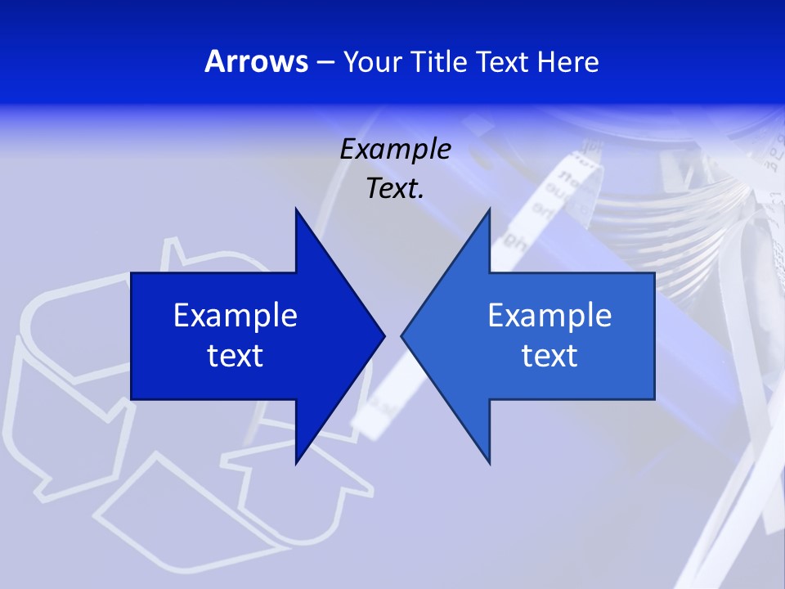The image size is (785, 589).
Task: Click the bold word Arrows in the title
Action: (x=256, y=62)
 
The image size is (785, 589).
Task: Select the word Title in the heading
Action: (x=442, y=62)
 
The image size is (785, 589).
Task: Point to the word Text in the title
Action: (x=502, y=62)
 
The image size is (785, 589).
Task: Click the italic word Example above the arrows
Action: (x=396, y=149)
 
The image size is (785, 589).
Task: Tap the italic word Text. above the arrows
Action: (x=396, y=189)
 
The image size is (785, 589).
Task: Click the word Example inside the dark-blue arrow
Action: (x=235, y=315)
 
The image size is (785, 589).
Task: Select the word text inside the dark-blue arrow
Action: (x=235, y=356)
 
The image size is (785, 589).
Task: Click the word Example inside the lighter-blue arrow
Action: (x=549, y=315)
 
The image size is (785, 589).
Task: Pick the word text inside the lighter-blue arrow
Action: (x=549, y=356)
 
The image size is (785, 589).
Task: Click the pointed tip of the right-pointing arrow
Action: (x=384, y=335)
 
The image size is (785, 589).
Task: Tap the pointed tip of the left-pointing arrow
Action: (x=401, y=335)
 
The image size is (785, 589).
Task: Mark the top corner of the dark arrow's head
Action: (x=296, y=209)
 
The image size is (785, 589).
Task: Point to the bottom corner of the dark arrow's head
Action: (x=296, y=463)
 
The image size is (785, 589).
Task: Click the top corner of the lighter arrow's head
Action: (x=489, y=209)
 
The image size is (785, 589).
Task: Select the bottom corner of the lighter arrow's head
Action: (x=489, y=463)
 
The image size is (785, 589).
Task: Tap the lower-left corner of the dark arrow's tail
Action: (x=132, y=398)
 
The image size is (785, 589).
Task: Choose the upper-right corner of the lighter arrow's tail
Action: (x=653, y=274)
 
